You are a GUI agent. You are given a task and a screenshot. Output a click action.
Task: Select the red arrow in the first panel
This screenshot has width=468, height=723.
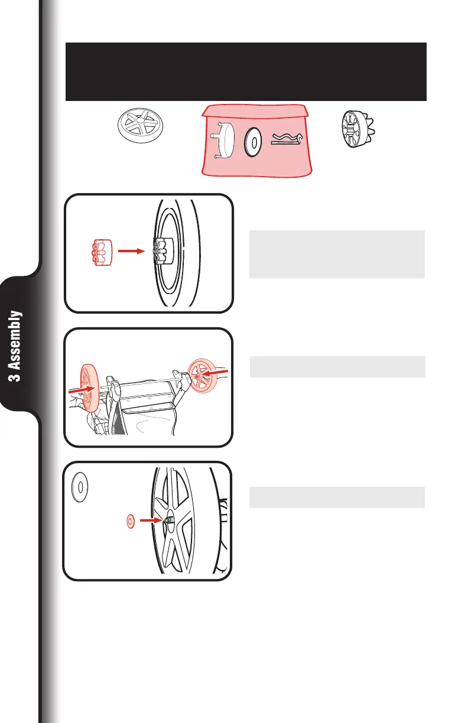pos(131,251)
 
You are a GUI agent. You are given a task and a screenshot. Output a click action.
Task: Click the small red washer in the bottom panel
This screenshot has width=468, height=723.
pos(131,520)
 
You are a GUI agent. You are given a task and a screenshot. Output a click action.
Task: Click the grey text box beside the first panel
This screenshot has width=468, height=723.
pos(337,254)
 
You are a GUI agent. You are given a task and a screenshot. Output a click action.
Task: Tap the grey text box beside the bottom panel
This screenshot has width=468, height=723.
pos(337,497)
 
